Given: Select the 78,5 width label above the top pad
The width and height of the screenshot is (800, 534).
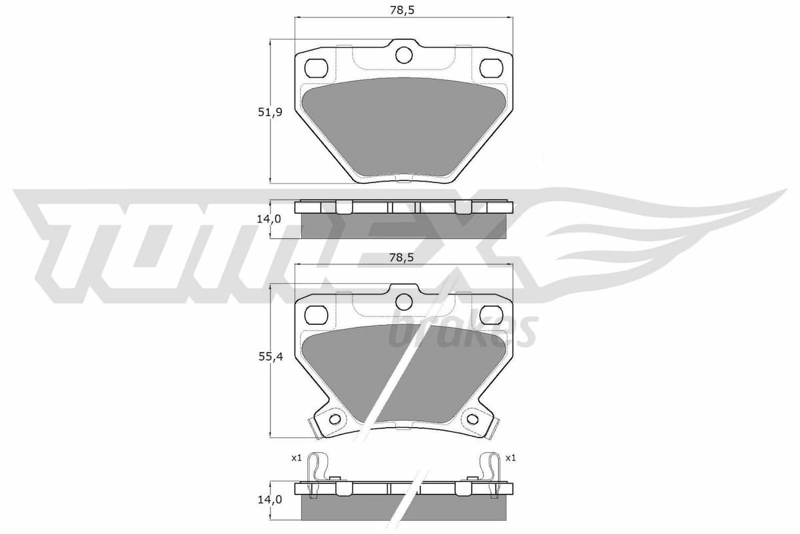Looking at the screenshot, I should [404, 11].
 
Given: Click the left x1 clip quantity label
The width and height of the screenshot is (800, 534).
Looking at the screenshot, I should [297, 458].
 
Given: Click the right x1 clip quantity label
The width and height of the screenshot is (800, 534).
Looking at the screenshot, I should [511, 458].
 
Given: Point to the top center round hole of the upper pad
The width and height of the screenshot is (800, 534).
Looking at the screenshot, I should [403, 55].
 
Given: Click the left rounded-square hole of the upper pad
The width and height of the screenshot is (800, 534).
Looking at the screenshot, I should [315, 67].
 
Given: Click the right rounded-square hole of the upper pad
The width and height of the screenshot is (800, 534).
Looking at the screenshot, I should [491, 67].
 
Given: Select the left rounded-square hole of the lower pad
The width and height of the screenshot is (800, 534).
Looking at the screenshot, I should [315, 313].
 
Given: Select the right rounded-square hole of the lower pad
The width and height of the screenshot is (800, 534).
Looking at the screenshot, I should [491, 313].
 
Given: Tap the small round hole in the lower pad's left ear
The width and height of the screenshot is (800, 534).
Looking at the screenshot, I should [335, 419].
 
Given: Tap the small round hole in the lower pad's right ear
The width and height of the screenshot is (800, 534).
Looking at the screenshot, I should [473, 419].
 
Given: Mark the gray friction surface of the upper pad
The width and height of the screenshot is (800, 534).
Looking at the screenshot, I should [403, 127].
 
